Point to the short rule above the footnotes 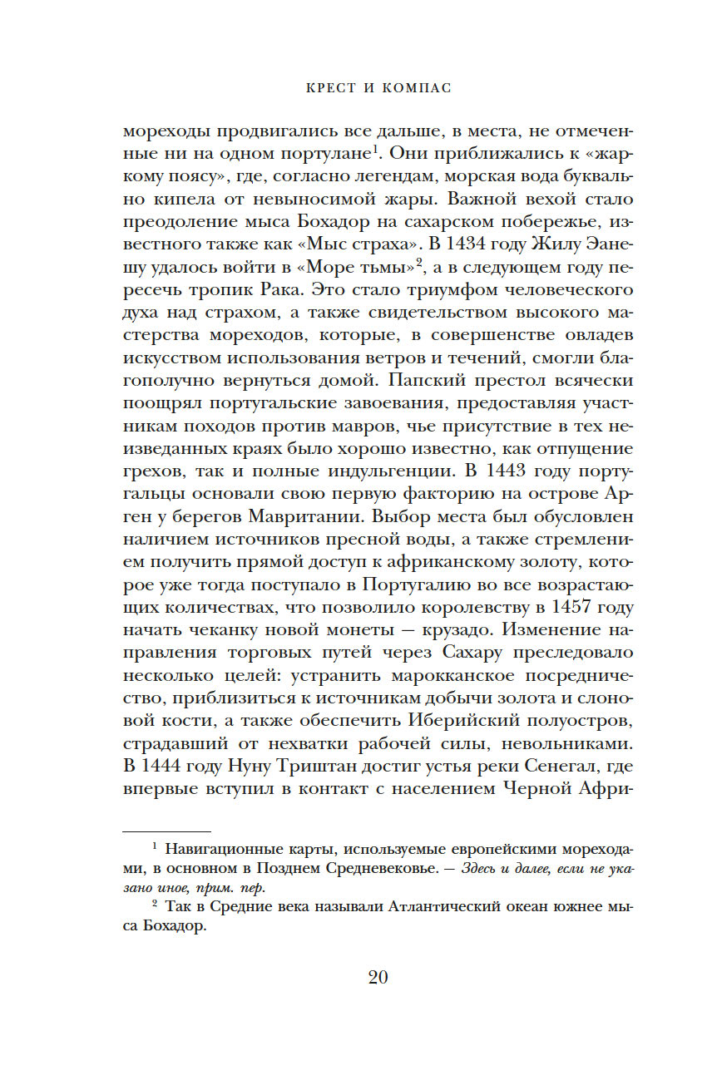click(166, 830)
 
